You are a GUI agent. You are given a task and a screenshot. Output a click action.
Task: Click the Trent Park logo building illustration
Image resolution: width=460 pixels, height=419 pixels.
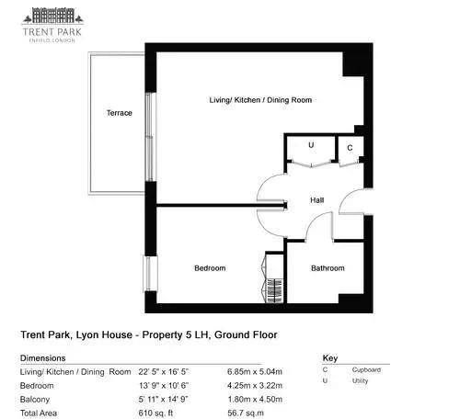pyautogui.click(x=52, y=16)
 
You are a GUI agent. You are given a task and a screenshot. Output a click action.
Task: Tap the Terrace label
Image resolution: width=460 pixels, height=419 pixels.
pyautogui.click(x=120, y=113)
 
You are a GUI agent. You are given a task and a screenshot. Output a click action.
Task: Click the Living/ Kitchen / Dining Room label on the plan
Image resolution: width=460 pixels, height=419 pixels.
pyautogui.click(x=260, y=100)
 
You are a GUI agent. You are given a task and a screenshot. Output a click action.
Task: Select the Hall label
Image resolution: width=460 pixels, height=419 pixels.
pyautogui.click(x=316, y=200)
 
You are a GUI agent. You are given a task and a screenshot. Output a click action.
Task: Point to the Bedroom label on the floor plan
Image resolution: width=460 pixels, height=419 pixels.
pyautogui.click(x=210, y=268)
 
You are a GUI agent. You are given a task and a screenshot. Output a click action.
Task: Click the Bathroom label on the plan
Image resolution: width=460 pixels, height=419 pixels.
pyautogui.click(x=328, y=268)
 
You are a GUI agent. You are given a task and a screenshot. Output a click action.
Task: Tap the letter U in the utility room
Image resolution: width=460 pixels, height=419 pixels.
pyautogui.click(x=311, y=145)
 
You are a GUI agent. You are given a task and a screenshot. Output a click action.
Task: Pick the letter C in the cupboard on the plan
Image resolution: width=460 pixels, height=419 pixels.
pyautogui.click(x=350, y=148)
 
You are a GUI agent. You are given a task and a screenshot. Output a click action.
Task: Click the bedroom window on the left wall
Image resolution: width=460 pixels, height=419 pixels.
pyautogui.click(x=150, y=274)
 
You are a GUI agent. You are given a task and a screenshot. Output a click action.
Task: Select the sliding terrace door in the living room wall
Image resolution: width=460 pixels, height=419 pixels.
pyautogui.click(x=150, y=137)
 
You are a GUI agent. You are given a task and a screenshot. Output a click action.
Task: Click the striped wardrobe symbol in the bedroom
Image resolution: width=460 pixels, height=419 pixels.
pyautogui.click(x=275, y=290)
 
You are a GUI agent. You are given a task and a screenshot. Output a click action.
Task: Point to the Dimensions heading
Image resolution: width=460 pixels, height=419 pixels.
pyautogui.click(x=42, y=358)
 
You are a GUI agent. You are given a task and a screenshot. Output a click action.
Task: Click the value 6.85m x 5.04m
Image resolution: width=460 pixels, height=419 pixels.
pyautogui.click(x=255, y=372)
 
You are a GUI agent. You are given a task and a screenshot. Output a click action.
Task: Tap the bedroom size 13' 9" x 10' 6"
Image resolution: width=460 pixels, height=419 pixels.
pyautogui.click(x=164, y=386)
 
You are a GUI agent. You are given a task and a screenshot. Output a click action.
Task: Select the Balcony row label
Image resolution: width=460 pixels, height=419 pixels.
pyautogui.click(x=35, y=400)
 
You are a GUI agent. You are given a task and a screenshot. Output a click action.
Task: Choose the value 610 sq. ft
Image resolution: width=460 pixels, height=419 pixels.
pyautogui.click(x=155, y=413)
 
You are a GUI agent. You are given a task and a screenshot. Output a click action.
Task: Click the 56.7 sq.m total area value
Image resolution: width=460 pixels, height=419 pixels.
pyautogui.click(x=246, y=413)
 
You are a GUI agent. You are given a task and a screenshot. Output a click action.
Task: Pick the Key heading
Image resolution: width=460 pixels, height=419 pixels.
pyautogui.click(x=330, y=358)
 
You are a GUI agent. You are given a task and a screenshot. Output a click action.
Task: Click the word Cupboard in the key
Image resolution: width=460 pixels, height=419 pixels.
pyautogui.click(x=366, y=370)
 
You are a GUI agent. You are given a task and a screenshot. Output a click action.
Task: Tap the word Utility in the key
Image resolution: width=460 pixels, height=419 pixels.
pyautogui.click(x=360, y=381)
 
